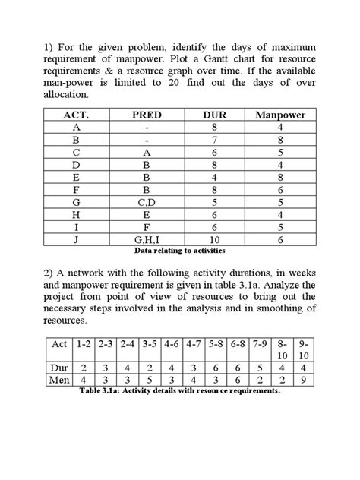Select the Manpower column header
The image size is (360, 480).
click(280, 115)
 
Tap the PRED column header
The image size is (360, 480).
click(147, 115)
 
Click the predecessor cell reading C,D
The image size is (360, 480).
click(147, 203)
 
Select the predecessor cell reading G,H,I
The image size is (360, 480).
click(147, 239)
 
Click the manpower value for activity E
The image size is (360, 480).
click(280, 178)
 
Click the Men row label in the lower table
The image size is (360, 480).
click(58, 380)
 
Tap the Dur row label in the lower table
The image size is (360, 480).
click(58, 366)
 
